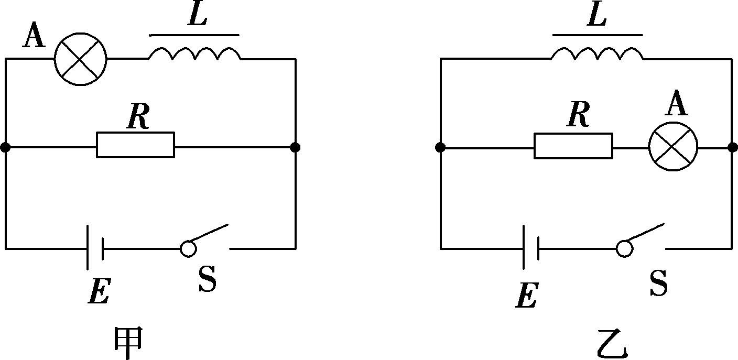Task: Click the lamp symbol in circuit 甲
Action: tap(81, 59)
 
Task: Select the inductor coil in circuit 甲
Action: tap(194, 54)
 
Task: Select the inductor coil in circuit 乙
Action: tap(597, 54)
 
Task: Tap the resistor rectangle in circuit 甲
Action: tap(135, 145)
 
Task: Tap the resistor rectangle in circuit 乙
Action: tap(573, 145)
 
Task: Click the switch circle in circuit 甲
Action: tap(188, 249)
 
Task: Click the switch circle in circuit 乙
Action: tap(624, 249)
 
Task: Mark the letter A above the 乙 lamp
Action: tap(677, 105)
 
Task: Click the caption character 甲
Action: tap(128, 343)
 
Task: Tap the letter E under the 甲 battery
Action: tap(99, 293)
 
